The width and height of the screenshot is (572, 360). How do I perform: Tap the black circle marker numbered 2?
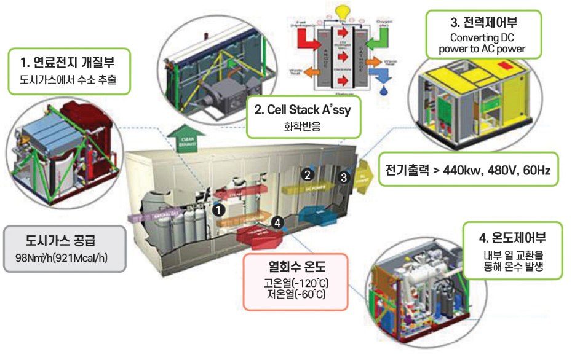click(x=307, y=174)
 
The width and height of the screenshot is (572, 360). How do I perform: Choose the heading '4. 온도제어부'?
click(x=512, y=237)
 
